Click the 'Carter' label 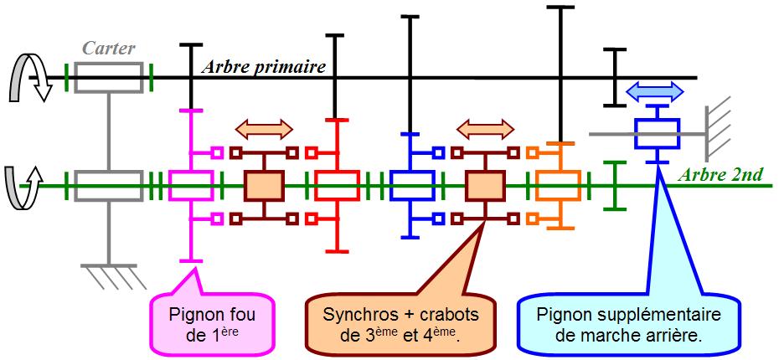pyautogui.click(x=108, y=49)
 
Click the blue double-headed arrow pyautogui.click(x=656, y=91)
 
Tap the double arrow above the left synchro pyautogui.click(x=265, y=129)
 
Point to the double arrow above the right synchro pyautogui.click(x=484, y=129)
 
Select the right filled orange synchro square pyautogui.click(x=484, y=185)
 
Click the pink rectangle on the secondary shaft pyautogui.click(x=193, y=185)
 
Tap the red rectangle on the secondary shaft pyautogui.click(x=336, y=185)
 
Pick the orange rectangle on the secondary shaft pyautogui.click(x=557, y=185)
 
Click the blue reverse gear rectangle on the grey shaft pyautogui.click(x=656, y=132)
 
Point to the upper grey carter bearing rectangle pyautogui.click(x=109, y=78)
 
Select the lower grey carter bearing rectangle pyautogui.click(x=109, y=185)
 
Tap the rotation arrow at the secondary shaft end pyautogui.click(x=21, y=185)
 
